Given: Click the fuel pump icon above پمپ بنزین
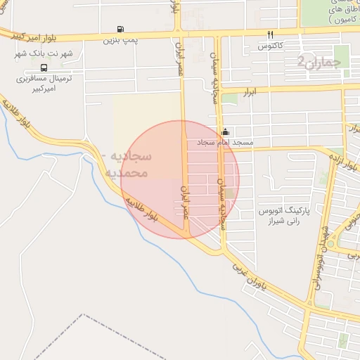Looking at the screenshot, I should (x=121, y=30).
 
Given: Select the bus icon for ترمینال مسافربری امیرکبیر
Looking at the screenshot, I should (x=44, y=68).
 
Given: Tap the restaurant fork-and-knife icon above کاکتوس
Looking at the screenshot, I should (x=270, y=34).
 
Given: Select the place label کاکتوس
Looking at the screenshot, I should (x=270, y=46).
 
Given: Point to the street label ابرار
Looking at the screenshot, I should (x=262, y=91).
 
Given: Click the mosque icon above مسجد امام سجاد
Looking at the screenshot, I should (x=225, y=131).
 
